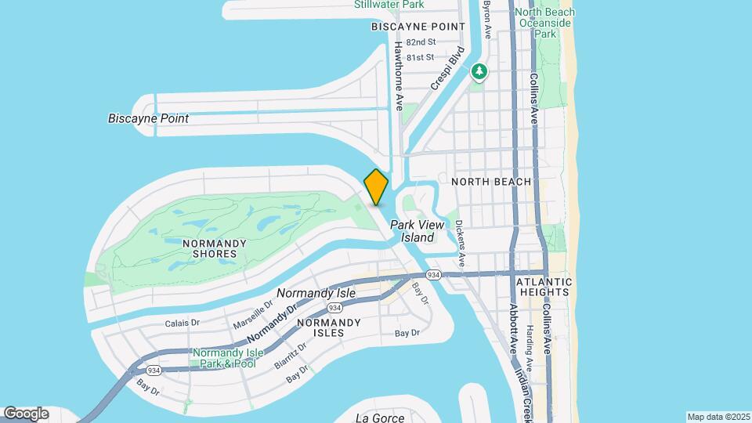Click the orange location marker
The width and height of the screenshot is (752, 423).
tap(376, 187)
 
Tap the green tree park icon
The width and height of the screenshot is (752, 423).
tap(479, 72)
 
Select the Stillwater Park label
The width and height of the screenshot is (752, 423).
tap(389, 5)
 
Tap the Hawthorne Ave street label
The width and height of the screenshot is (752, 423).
tap(399, 75)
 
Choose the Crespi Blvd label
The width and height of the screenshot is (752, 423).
tap(447, 67)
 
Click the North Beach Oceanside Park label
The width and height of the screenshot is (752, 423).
tap(545, 23)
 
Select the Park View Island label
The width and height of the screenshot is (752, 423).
tap(422, 231)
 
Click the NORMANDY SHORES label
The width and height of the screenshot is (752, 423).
tap(209, 248)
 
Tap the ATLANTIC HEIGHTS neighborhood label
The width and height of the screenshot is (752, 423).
tap(544, 287)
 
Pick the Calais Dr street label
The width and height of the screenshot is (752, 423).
tap(183, 323)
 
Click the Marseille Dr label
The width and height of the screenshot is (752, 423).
tap(252, 314)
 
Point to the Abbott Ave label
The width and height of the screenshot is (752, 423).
tap(514, 329)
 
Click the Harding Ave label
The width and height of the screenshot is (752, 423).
tap(530, 349)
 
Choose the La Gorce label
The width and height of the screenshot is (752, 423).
tap(379, 417)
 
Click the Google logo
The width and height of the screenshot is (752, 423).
tap(27, 413)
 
